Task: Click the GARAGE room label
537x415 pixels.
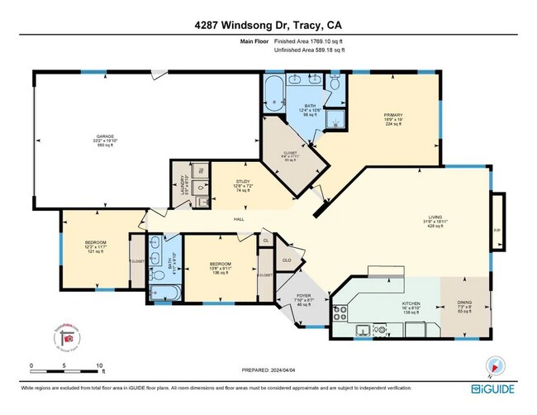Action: pos(104,136)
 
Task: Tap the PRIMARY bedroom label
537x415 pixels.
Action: pos(392,116)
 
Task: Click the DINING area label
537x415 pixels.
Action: pos(464,303)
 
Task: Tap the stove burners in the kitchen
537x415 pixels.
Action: pos(340,312)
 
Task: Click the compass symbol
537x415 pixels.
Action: pos(496,364)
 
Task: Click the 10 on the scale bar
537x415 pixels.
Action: pos(98,364)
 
